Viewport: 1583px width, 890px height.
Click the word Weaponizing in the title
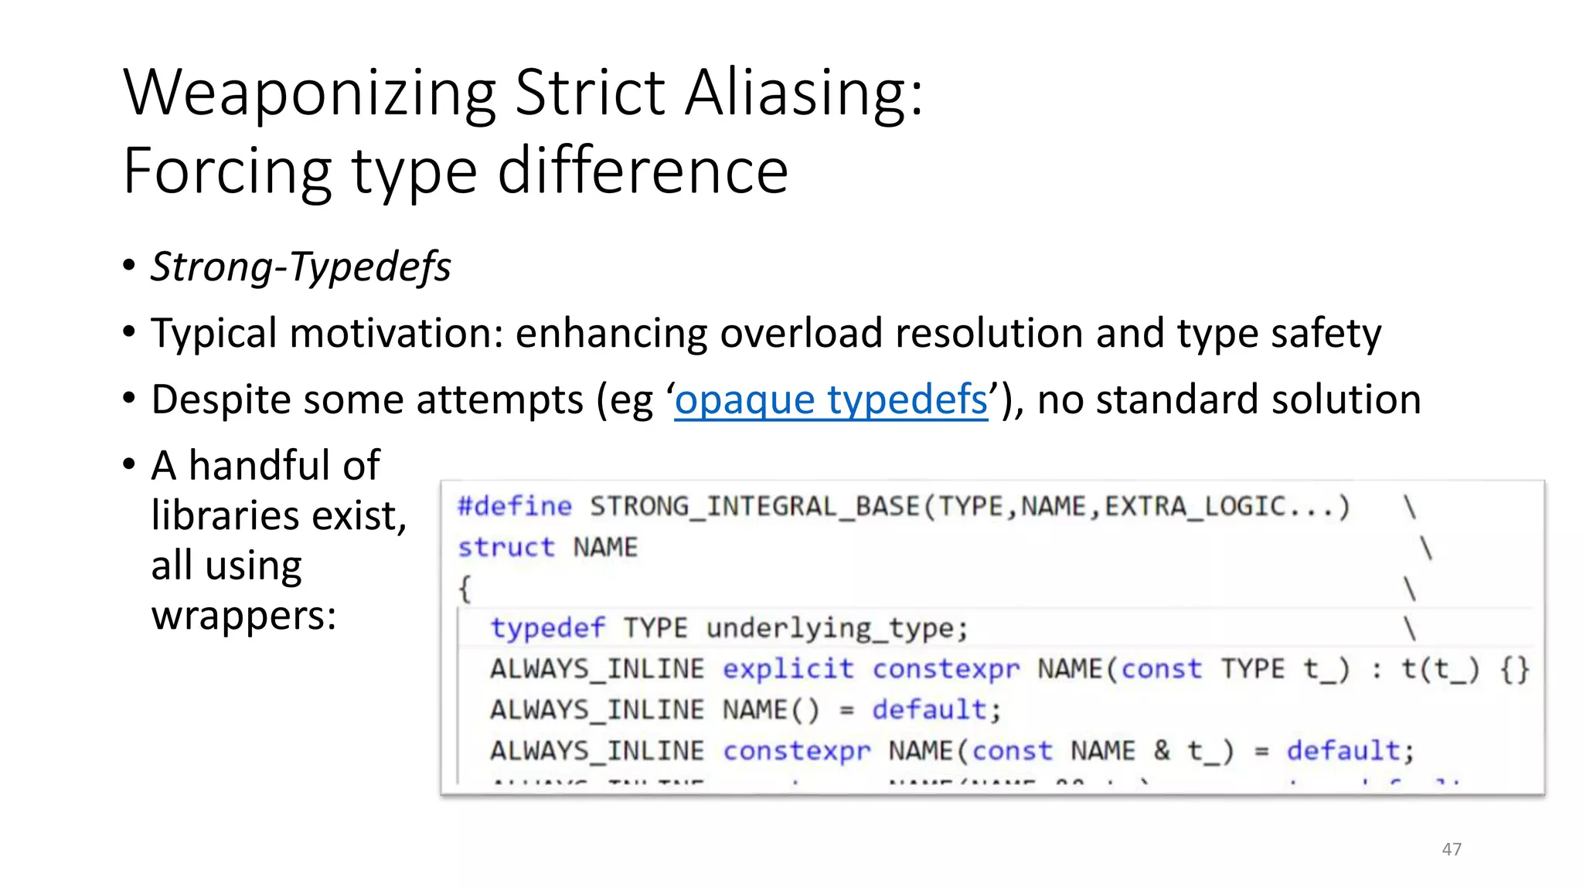309,94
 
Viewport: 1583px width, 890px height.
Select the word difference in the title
642,172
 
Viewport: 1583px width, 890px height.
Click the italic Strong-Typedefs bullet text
301,267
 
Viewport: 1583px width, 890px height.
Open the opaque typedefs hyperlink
830,400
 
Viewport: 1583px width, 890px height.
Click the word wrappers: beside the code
243,616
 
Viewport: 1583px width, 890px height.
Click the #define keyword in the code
515,507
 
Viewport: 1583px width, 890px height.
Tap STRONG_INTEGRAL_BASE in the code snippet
754,507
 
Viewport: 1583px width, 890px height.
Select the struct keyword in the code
506,548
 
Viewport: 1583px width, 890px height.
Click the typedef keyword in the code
548,628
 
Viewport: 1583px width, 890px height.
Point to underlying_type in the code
836,628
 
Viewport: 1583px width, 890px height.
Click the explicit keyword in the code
788,669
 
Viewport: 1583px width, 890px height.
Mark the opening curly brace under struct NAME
465,589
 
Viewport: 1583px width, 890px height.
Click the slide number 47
1452,849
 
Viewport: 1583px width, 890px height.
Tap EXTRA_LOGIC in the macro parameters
1195,507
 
